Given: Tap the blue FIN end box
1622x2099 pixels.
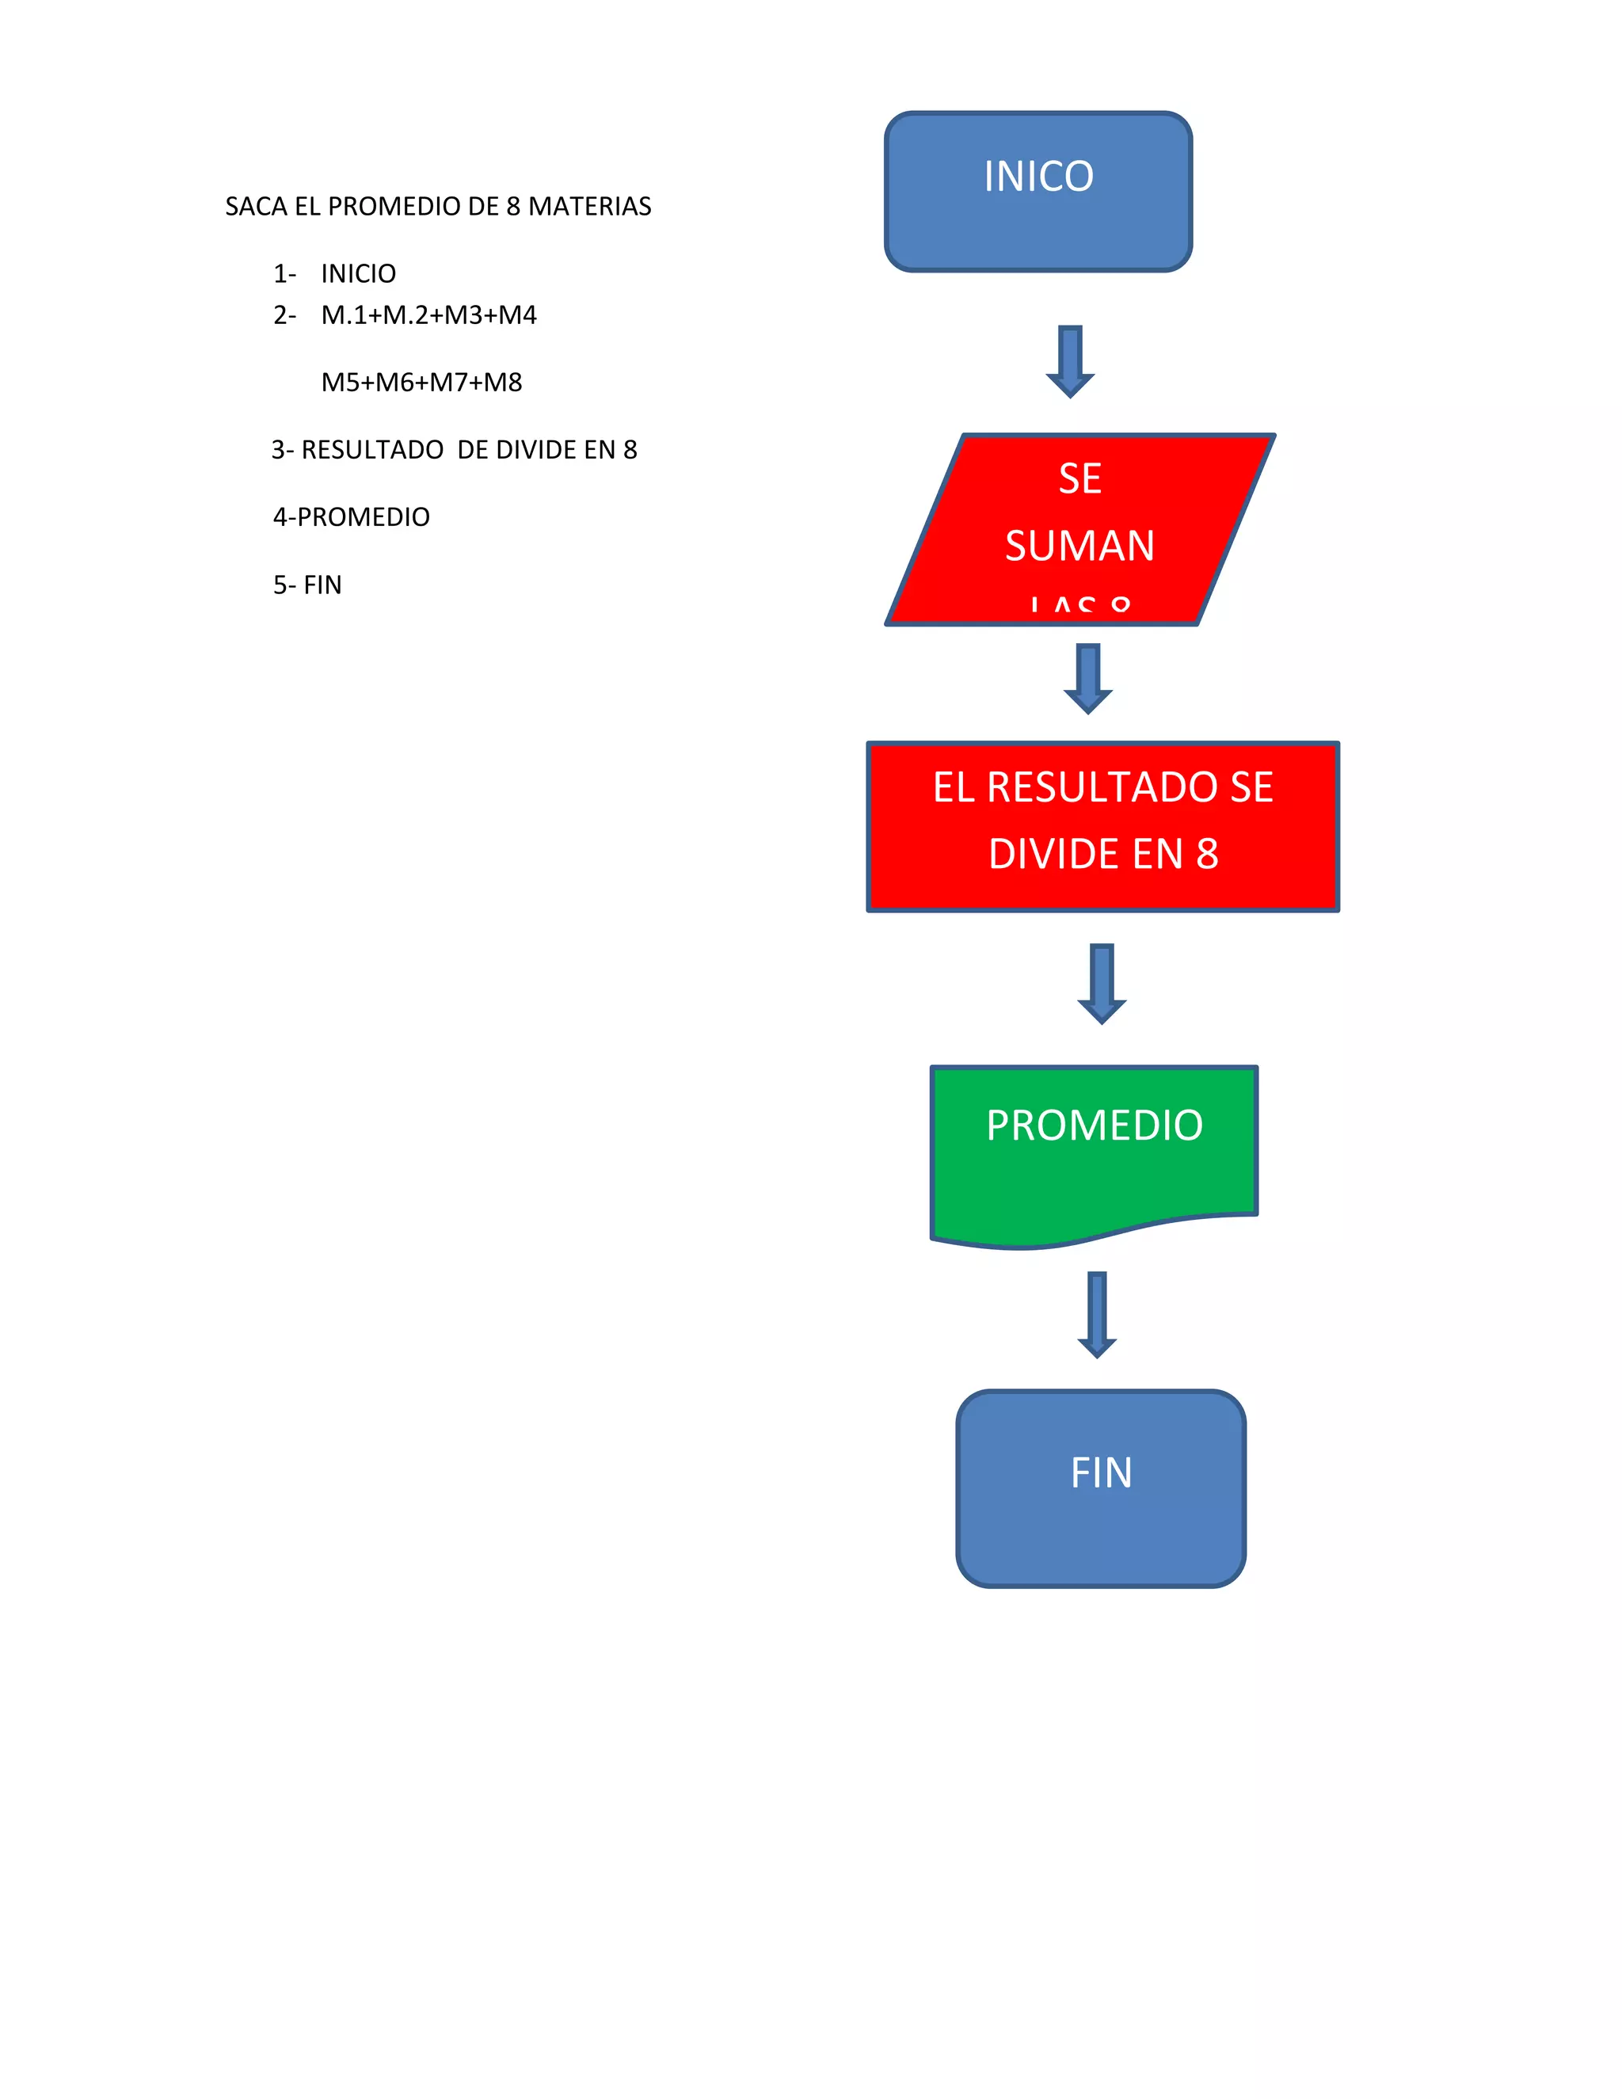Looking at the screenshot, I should tap(1100, 1487).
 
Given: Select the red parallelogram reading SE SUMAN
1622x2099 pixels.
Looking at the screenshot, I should tap(1079, 530).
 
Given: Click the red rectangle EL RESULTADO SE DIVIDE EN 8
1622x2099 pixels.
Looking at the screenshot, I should tap(1102, 825).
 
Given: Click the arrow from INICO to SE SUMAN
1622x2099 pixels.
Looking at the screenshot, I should tap(1069, 360).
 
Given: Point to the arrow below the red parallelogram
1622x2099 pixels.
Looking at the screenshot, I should tap(1087, 679).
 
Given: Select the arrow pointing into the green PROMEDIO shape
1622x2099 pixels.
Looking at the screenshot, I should tap(1101, 983).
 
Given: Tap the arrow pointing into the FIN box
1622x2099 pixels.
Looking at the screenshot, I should tap(1096, 1312).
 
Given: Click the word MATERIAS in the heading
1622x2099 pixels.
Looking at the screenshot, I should tap(589, 207).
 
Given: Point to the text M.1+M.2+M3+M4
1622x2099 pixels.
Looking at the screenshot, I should tap(428, 315).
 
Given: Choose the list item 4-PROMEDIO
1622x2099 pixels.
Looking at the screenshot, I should tap(351, 517).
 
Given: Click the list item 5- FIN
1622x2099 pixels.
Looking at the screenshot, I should tap(307, 585).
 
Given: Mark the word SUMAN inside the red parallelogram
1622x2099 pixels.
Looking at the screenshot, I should tap(1079, 546).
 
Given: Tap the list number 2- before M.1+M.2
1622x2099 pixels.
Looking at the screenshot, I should tap(284, 315).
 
